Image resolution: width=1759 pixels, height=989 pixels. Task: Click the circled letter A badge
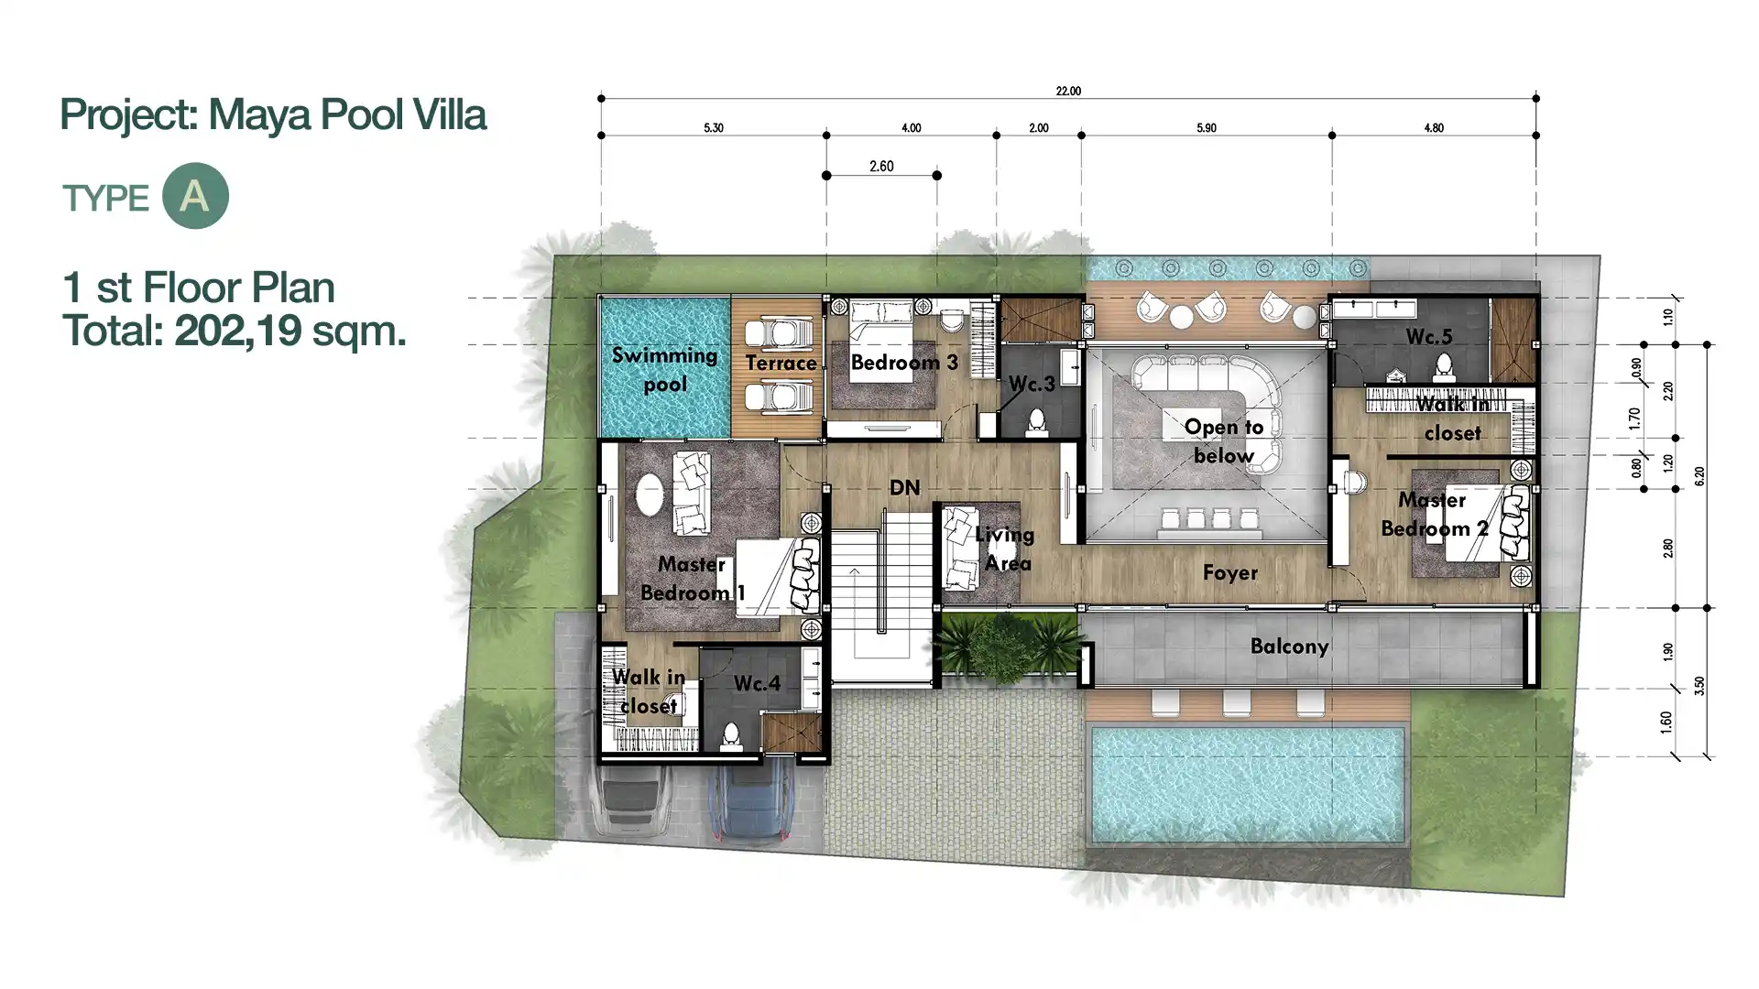[x=195, y=196]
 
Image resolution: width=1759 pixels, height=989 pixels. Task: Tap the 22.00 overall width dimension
[x=1068, y=92]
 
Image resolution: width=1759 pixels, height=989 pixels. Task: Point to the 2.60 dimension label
[x=881, y=167]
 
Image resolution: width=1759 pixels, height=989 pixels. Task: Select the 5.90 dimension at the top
[x=1207, y=128]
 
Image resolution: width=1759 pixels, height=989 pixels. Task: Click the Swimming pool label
[x=665, y=369]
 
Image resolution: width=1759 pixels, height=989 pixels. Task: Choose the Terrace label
[x=781, y=363]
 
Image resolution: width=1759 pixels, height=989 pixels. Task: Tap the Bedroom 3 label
[x=904, y=362]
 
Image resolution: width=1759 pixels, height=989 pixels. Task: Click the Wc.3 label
[x=1032, y=384]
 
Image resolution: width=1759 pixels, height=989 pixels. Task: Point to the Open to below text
[x=1224, y=440]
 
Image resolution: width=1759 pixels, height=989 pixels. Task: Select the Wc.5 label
[x=1429, y=337]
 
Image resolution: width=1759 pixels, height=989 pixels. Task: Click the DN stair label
[x=904, y=487]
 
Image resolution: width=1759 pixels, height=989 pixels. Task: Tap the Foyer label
[x=1230, y=573]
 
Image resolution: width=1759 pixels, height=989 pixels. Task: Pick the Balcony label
[x=1289, y=647]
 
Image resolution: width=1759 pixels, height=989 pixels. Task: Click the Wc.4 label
[x=757, y=683]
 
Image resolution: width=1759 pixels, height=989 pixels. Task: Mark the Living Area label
[x=1005, y=549]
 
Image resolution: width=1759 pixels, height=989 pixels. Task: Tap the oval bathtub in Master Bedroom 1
[x=650, y=496]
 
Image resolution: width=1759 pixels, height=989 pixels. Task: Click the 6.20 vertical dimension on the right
[x=1699, y=476]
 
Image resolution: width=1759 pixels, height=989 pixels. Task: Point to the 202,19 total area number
[x=238, y=331]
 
